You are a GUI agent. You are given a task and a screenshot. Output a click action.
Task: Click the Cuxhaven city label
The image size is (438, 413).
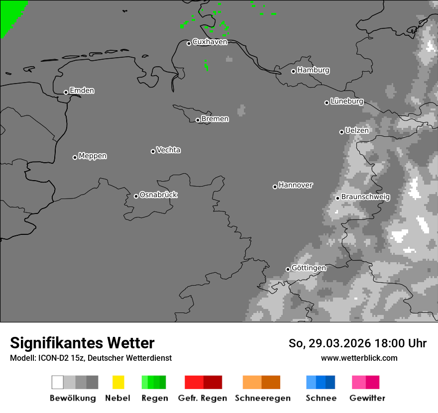coord(210,42)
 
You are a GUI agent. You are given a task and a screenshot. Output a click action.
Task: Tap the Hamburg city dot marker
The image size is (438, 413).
coord(293,71)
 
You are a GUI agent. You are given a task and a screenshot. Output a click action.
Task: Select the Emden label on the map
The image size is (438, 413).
coord(82,91)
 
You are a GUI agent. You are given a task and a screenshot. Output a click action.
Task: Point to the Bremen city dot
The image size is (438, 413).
coord(198,120)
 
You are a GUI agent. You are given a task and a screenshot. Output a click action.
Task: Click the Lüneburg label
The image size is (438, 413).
coord(346,101)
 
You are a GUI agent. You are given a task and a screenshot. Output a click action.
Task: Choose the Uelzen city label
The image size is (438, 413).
coord(357,130)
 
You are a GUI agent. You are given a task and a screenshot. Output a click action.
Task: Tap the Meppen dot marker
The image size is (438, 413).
coord(75,157)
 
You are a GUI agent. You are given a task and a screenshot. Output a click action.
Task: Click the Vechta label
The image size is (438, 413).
coord(168,150)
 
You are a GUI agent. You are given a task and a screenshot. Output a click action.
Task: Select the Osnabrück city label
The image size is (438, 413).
coord(158,195)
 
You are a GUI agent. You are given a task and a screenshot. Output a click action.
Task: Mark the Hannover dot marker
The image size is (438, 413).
coord(275,187)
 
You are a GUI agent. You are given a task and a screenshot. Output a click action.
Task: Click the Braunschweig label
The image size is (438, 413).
coord(365,197)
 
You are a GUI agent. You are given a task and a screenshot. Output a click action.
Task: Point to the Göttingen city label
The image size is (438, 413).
coord(309,268)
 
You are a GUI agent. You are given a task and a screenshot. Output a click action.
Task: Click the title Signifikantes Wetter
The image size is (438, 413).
coord(82,343)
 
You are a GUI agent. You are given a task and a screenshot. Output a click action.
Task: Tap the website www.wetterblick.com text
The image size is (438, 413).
coord(359,358)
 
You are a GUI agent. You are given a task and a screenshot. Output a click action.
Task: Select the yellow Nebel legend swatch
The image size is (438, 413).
coord(118,382)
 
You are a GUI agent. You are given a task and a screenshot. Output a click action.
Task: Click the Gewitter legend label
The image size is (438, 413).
coord(367,398)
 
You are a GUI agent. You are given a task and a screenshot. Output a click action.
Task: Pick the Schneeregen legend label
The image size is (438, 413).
coord(263,398)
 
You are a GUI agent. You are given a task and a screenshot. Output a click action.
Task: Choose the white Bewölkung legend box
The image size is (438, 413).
coord(57,382)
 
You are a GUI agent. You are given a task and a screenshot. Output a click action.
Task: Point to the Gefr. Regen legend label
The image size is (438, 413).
coord(203,398)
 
